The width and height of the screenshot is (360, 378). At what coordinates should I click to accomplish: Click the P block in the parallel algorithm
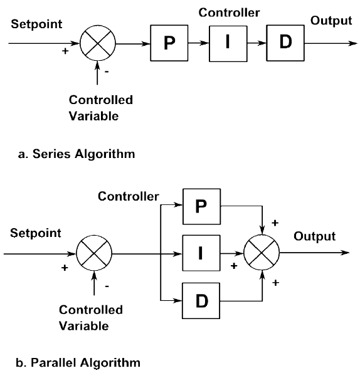tap(201, 207)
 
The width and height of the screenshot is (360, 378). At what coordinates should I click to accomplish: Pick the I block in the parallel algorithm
tap(201, 254)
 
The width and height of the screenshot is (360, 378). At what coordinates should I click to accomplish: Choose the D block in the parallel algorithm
tap(201, 300)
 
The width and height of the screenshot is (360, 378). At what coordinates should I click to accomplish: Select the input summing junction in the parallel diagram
tap(94, 255)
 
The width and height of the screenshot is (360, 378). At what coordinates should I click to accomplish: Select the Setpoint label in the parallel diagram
tap(36, 233)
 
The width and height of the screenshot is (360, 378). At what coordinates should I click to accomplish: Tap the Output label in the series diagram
tap(331, 21)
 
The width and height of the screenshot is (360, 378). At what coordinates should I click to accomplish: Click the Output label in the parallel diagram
tap(314, 236)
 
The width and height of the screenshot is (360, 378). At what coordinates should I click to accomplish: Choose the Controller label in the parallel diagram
tap(129, 197)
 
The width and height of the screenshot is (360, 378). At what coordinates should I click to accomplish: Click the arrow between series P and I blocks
tap(198, 45)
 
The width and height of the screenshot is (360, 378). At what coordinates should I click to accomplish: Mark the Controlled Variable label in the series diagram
tap(101, 107)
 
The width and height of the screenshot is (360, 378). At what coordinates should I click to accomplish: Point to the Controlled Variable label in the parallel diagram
tap(91, 317)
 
